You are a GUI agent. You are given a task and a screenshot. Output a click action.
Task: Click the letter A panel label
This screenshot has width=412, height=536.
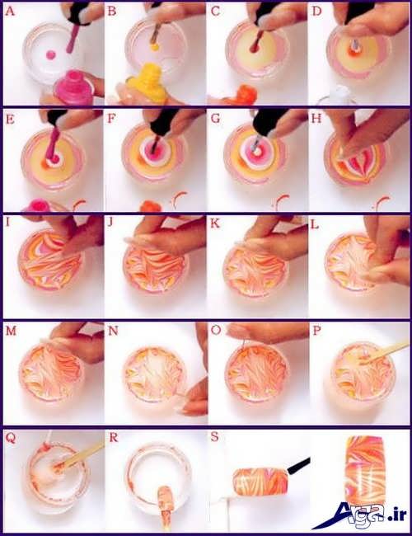[10, 12]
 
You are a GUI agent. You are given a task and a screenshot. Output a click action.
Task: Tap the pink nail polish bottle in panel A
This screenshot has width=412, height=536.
[75, 88]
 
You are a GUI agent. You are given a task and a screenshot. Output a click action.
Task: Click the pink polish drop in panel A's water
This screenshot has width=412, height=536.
[50, 54]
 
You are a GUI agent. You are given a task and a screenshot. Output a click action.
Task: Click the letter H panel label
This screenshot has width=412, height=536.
[316, 119]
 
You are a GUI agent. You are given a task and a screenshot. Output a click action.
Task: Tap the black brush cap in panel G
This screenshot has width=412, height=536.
[269, 122]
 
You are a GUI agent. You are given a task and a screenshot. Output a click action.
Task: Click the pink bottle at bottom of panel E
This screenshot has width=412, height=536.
[37, 206]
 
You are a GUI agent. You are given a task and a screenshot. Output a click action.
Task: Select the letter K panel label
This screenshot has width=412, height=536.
[215, 223]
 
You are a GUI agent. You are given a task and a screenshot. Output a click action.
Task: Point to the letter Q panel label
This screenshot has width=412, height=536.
[10, 439]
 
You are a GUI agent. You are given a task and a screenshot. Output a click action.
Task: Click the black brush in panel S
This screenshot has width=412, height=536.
[298, 466]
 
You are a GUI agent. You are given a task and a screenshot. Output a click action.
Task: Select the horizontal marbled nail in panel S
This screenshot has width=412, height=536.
[260, 484]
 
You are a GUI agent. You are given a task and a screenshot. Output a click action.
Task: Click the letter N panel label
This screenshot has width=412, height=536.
[113, 331]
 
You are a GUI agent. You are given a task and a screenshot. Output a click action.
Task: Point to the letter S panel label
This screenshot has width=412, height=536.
[214, 437]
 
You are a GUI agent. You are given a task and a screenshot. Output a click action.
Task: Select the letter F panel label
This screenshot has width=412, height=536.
[111, 119]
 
